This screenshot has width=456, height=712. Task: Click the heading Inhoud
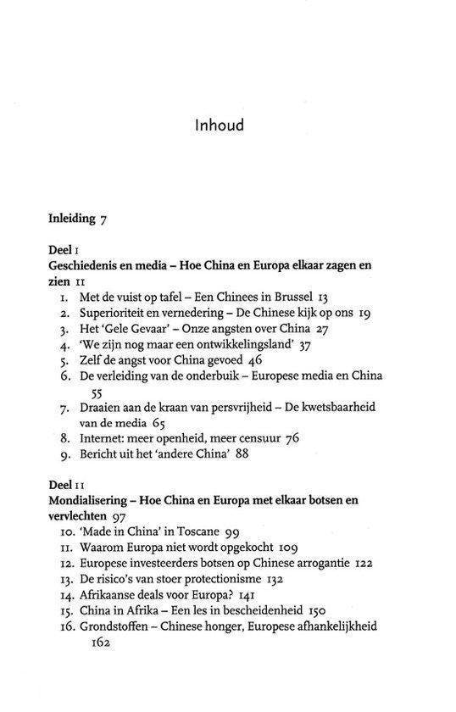tap(219, 125)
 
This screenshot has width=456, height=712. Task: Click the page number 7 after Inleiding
tap(103, 219)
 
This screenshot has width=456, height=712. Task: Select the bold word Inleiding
tap(73, 219)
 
